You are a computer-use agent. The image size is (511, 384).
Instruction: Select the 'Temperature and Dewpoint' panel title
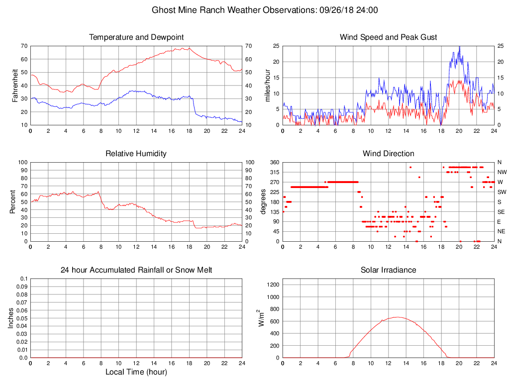(136, 37)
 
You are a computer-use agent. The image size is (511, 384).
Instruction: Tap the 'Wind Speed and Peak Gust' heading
(388, 37)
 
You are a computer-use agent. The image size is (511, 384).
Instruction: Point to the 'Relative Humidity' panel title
(136, 154)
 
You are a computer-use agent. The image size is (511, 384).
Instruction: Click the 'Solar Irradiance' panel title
(388, 270)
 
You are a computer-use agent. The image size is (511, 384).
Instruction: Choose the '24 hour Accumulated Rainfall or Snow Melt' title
(136, 270)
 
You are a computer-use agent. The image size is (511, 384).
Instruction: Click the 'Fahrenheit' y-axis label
(15, 86)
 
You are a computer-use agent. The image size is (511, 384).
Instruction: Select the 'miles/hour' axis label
(268, 86)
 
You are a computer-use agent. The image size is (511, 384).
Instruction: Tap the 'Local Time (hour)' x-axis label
(136, 372)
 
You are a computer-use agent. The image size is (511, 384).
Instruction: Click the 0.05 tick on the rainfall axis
(22, 318)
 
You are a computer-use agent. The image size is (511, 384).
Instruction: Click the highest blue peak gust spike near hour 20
(459, 46)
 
